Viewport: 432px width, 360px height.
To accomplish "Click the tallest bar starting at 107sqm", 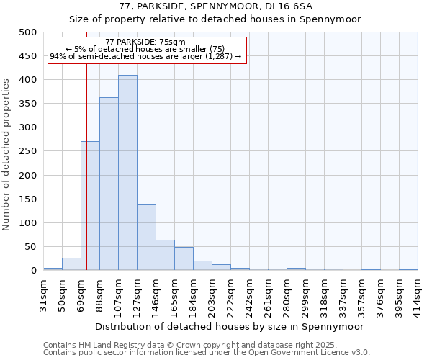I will point(127,173).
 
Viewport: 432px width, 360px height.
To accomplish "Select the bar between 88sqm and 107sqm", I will point(109,184).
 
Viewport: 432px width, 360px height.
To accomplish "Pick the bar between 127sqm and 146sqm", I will point(146,238).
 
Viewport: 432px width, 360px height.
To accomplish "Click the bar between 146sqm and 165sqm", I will point(165,256).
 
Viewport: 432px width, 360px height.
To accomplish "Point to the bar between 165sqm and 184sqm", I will point(184,259).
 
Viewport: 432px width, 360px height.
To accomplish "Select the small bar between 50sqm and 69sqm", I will point(71,264).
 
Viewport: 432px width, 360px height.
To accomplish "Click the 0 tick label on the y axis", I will point(33,271).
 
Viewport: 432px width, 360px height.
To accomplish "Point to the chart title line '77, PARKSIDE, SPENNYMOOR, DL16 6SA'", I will point(215,6).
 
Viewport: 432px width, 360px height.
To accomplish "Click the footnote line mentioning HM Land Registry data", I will point(200,345).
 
